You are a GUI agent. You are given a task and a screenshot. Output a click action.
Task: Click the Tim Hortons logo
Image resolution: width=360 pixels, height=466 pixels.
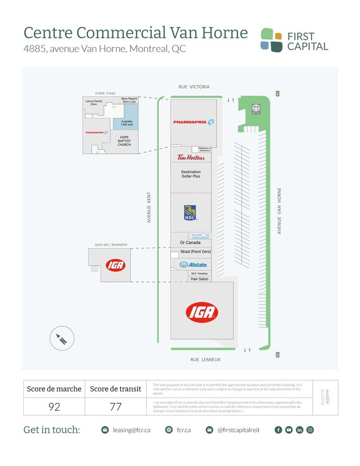191,157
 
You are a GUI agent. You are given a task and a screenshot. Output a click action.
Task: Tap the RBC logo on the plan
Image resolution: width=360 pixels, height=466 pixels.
191,213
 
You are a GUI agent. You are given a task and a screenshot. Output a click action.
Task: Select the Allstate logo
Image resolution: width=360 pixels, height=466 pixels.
193,265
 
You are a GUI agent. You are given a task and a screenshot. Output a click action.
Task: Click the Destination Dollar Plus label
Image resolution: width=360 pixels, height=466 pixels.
191,174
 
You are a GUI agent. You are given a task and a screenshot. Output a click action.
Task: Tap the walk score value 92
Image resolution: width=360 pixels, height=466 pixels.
54,406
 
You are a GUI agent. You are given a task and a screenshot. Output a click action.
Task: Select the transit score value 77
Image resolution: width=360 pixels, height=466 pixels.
116,406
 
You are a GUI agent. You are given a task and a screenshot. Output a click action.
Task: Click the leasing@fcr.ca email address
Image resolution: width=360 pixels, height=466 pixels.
132,430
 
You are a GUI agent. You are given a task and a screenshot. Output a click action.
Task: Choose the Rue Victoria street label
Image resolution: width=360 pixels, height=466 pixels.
194,87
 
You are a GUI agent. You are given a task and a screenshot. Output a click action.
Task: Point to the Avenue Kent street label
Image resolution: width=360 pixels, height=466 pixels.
149,207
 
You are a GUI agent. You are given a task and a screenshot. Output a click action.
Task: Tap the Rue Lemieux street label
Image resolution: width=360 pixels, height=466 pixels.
205,359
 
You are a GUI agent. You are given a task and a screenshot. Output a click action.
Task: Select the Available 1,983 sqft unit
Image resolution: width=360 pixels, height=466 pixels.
127,123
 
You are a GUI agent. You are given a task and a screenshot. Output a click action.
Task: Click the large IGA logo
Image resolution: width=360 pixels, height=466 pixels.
202,313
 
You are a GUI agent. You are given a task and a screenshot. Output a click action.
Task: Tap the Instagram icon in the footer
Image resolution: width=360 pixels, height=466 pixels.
310,430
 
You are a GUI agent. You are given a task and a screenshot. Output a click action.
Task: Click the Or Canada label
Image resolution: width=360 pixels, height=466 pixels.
190,243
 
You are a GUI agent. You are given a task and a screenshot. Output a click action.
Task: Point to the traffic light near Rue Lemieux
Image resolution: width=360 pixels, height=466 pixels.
277,355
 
